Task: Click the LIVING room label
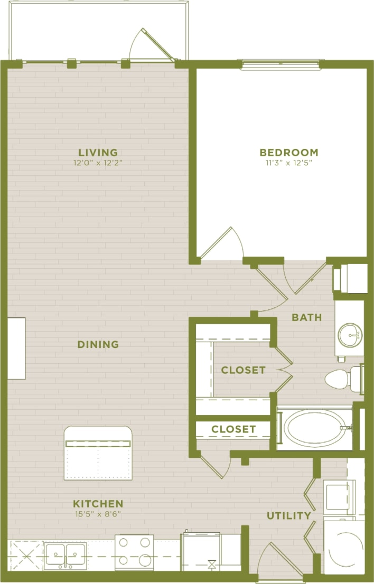[98, 153]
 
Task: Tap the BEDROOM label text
[289, 153]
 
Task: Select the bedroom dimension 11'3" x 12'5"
[289, 163]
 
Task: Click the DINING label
[98, 345]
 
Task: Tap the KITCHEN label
[98, 504]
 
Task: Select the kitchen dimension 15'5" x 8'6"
[98, 514]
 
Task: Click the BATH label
[306, 317]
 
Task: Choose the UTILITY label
[288, 515]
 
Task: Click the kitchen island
[98, 453]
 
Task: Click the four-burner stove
[134, 553]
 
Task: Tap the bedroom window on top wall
[280, 65]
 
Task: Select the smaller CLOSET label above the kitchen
[233, 429]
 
